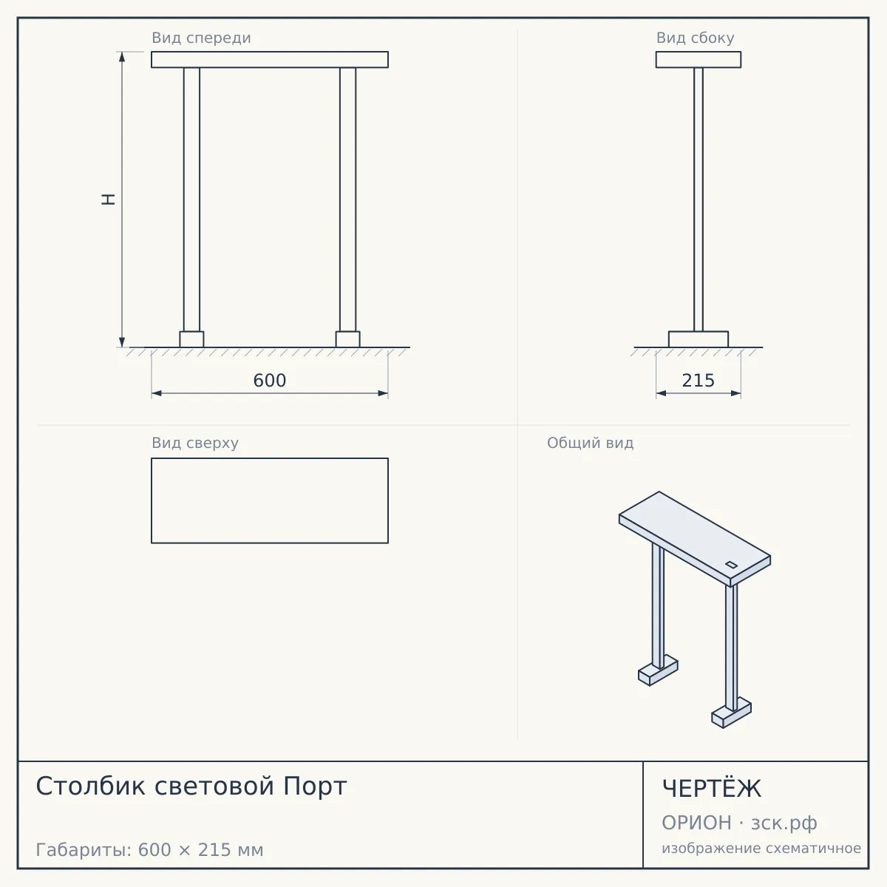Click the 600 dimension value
269,381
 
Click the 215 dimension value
698,381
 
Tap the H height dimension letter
108,200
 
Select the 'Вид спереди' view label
201,38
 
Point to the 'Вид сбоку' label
695,38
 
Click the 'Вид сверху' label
195,443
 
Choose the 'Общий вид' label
590,443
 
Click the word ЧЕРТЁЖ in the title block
712,789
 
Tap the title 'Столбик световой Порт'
191,786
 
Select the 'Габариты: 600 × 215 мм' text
149,850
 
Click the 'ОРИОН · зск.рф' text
739,823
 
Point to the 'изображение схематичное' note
761,848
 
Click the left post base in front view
191,339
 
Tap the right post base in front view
347,339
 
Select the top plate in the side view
699,60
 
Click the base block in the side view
699,339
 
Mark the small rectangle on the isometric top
732,565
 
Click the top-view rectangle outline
270,458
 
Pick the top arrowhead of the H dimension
122,56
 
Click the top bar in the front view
270,60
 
